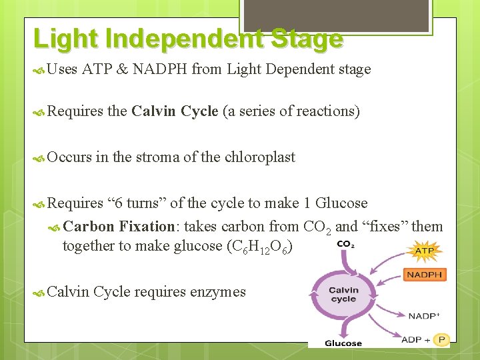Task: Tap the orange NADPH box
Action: point(425,275)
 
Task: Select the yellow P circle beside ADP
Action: point(441,340)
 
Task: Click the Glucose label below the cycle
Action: point(343,343)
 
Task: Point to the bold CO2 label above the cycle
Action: point(345,244)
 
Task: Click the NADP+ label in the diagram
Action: point(424,315)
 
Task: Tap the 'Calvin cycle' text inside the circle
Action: point(343,294)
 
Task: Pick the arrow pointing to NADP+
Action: point(390,313)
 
